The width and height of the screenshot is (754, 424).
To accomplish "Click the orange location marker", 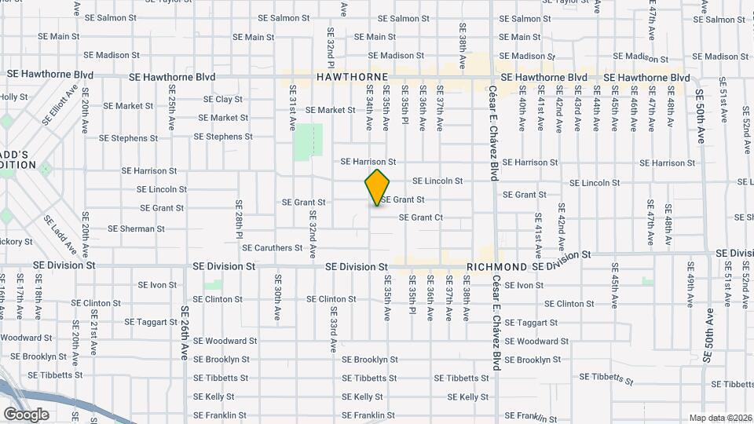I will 377,188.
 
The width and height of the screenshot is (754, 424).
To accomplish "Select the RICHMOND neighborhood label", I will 496,267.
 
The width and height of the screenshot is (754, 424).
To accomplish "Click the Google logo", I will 26,414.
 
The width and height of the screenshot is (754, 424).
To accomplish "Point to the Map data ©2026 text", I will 720,418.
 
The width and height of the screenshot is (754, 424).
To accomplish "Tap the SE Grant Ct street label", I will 421,217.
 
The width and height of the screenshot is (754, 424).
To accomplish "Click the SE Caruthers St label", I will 272,248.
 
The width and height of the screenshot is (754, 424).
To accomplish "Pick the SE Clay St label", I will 223,100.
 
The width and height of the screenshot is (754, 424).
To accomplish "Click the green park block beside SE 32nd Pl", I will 308,141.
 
